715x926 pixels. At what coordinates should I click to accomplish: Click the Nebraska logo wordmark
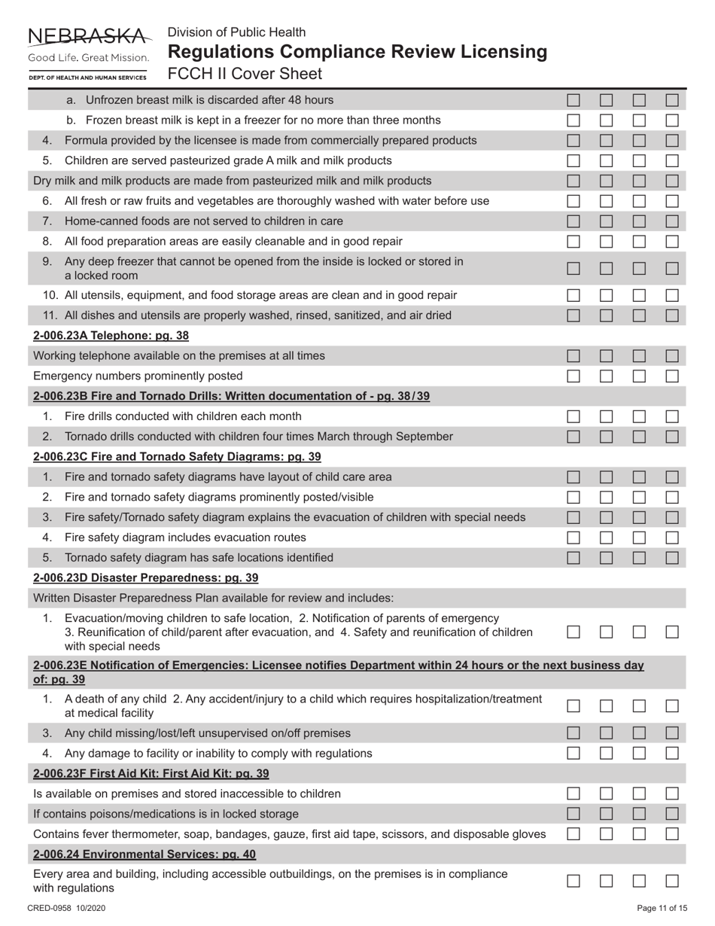pos(88,35)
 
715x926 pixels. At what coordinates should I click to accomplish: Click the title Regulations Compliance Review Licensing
pos(357,52)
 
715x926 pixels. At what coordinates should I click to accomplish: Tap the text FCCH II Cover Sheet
pos(245,74)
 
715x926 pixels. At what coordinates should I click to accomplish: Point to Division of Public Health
pos(236,32)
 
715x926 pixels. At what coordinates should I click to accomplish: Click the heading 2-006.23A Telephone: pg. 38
pos(111,336)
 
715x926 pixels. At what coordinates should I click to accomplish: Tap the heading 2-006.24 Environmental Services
pos(145,854)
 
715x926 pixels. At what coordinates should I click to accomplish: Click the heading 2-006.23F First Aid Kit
pos(151,773)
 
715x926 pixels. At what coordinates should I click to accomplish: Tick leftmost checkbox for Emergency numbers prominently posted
pos(574,376)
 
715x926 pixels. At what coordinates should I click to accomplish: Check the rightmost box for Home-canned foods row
pos(672,221)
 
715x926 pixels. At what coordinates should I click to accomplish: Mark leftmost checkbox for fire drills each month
pos(574,416)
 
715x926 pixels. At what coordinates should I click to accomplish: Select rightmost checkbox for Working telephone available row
pos(672,355)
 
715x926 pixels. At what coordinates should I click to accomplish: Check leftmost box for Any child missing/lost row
pos(574,733)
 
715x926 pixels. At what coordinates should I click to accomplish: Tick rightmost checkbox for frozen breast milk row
pos(672,120)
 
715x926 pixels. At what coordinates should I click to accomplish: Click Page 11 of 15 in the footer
pos(662,908)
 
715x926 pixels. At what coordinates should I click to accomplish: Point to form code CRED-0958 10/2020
pos(66,908)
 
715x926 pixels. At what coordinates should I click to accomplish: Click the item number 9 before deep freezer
pos(47,261)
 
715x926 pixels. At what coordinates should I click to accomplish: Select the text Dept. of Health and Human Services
pos(88,78)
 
